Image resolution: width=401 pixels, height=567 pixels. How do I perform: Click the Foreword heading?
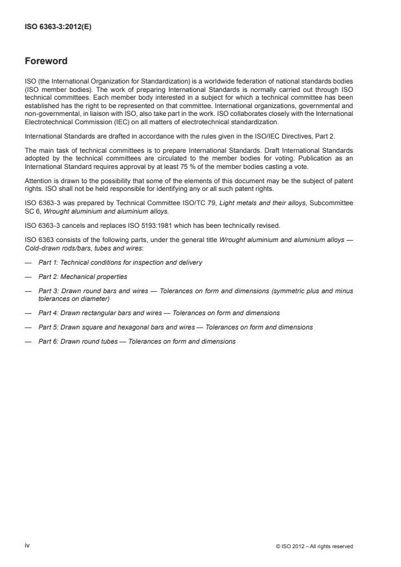click(46, 61)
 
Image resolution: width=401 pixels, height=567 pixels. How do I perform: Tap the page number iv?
click(28, 546)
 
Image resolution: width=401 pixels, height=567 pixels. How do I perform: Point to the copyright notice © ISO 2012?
click(314, 546)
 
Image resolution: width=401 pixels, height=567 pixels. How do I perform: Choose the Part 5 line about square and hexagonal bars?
click(175, 328)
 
